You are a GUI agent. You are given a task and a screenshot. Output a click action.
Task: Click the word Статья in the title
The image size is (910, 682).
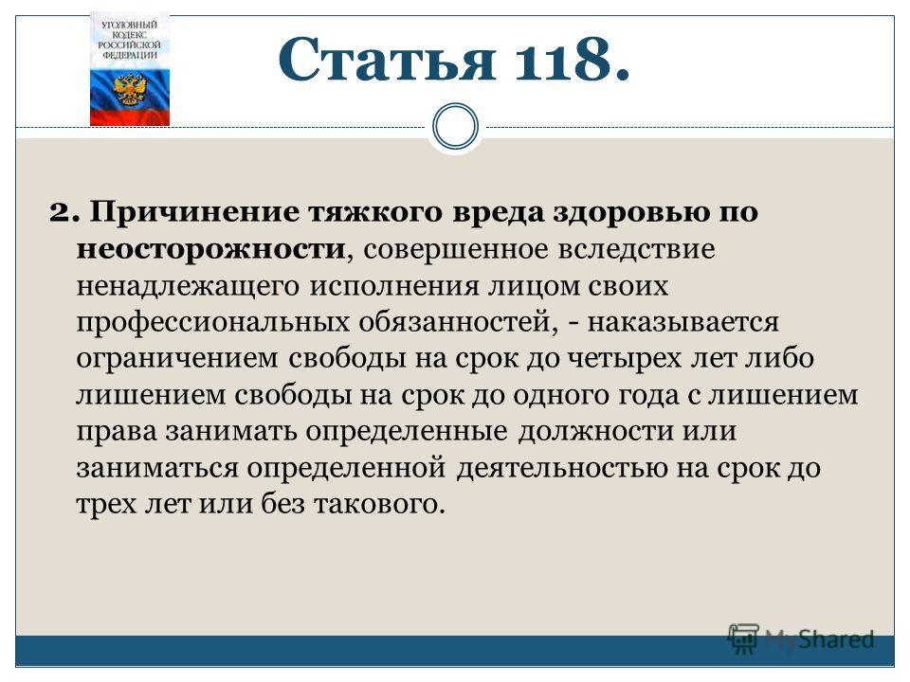click(x=387, y=59)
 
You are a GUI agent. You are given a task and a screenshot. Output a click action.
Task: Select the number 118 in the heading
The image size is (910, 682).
click(x=565, y=59)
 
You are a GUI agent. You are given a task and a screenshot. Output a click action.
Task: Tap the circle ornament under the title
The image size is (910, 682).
click(x=456, y=126)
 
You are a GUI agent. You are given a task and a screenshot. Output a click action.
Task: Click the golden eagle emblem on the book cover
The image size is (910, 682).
click(x=130, y=88)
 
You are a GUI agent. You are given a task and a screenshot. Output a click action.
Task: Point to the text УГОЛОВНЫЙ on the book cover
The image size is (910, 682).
click(x=130, y=25)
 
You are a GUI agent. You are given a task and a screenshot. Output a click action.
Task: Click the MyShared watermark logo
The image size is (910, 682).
click(x=802, y=639)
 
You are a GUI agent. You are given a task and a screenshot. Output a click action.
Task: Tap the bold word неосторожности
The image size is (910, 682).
click(x=210, y=249)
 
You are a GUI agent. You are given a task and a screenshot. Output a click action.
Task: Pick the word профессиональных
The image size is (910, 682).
click(x=213, y=322)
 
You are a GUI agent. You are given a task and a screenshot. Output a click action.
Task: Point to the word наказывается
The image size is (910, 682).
click(x=682, y=322)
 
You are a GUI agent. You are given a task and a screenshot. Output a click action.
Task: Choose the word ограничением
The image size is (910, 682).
click(x=177, y=358)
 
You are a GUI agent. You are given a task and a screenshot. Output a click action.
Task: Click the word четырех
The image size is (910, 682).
click(x=623, y=358)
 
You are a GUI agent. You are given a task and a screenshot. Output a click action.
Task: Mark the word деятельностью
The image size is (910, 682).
click(x=562, y=467)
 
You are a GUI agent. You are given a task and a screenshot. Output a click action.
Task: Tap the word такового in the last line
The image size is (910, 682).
click(x=379, y=503)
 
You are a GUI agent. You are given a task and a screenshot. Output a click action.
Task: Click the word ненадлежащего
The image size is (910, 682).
click(x=188, y=286)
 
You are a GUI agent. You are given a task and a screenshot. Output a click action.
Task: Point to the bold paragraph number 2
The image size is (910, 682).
click(x=64, y=212)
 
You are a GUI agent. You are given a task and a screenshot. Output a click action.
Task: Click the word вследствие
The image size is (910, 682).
click(x=636, y=249)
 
